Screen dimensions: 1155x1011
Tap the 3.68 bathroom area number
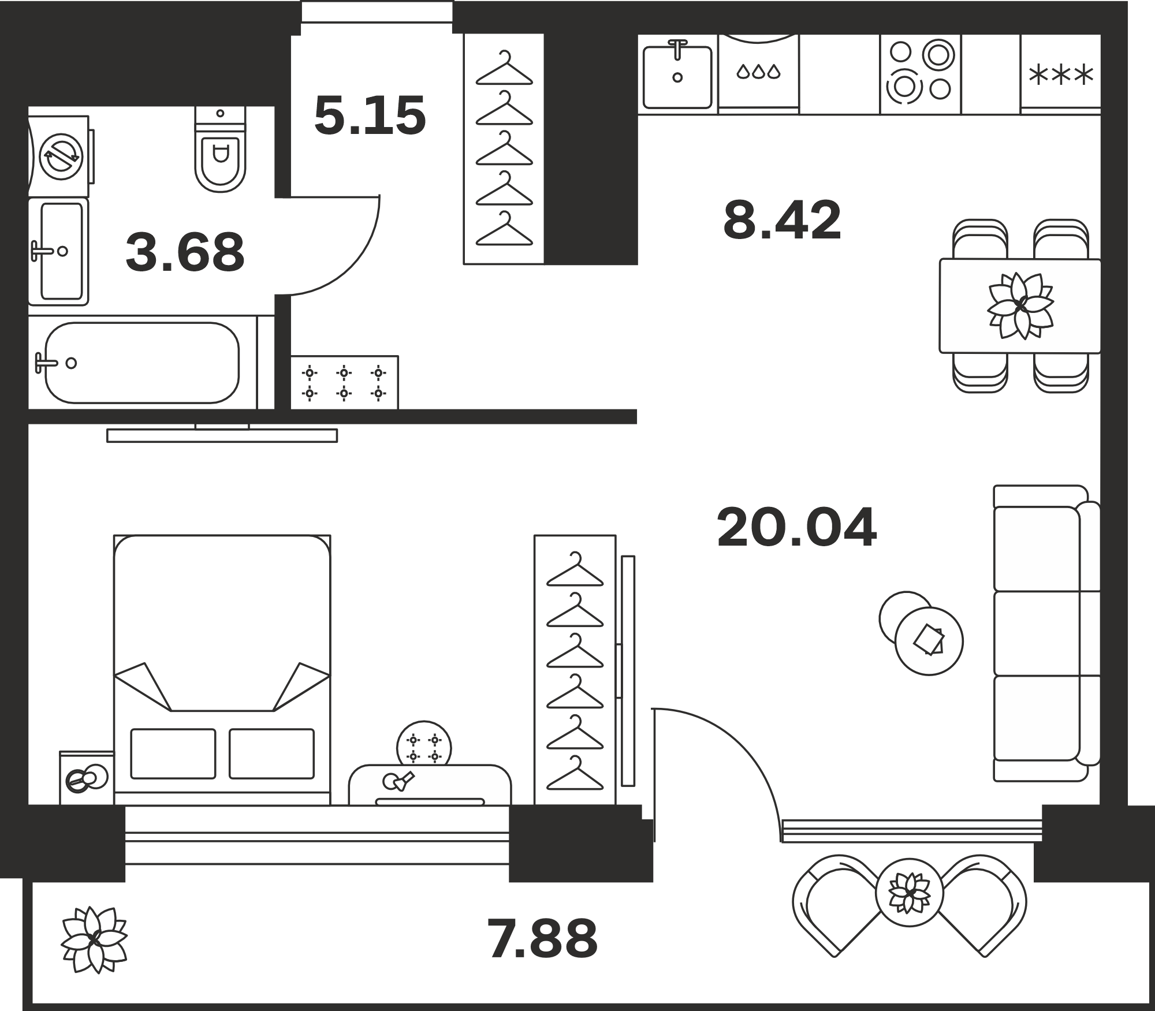(x=185, y=252)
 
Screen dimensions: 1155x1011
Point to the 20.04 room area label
(x=797, y=527)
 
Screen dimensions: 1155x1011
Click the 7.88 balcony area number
(x=542, y=939)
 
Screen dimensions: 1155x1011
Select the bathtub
(x=142, y=363)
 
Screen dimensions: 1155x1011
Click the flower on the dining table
(x=1020, y=305)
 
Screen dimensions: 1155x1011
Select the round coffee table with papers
(x=929, y=641)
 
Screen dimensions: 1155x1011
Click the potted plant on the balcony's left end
(x=94, y=939)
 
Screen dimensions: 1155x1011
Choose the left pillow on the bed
(x=173, y=753)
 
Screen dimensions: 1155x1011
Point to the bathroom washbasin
(x=58, y=252)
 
